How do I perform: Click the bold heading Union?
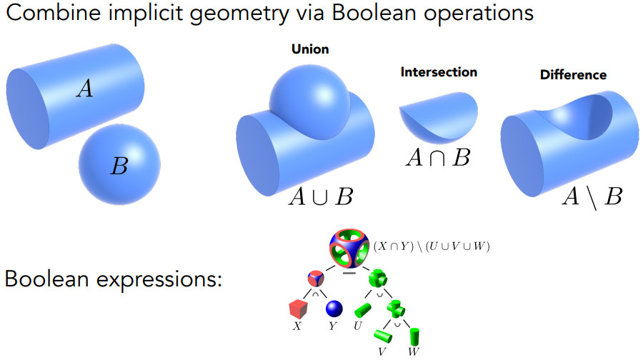coord(310,49)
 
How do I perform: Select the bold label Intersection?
coord(439,72)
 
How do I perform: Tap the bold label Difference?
coord(573,74)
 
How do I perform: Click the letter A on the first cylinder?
coord(85,89)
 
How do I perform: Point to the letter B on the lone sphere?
coord(119,166)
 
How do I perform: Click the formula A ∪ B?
coord(321,196)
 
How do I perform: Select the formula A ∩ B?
coord(438,158)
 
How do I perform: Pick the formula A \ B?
coord(592,197)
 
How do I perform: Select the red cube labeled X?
coord(298,309)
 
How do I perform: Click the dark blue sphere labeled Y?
coord(334,309)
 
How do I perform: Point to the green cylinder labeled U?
coord(362,311)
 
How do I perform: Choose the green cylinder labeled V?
coord(383,336)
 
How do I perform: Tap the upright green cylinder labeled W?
coord(414,336)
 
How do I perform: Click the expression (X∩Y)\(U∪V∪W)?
coord(432,246)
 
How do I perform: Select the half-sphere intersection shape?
coord(439,118)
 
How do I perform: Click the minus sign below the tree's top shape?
coord(349,273)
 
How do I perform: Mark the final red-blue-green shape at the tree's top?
coord(349,249)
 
